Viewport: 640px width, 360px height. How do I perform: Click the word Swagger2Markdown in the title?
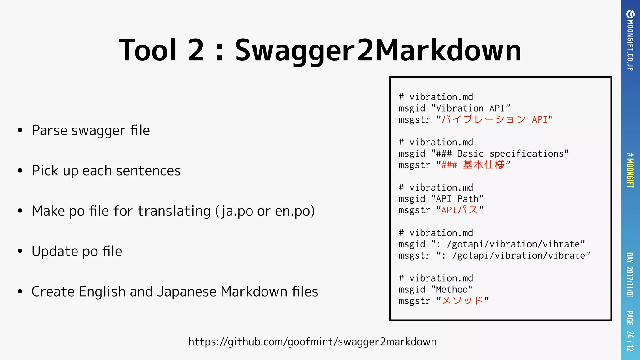(378, 50)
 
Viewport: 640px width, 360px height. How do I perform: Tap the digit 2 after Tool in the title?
(196, 50)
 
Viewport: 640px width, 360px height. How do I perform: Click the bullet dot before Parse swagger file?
(20, 131)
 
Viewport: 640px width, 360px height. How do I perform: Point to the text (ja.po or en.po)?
(265, 211)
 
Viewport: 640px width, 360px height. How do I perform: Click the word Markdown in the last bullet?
(254, 292)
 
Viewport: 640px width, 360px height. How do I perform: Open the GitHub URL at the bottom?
(312, 342)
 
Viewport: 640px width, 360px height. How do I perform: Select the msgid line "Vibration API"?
(454, 108)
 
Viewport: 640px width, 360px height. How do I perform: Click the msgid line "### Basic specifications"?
(484, 154)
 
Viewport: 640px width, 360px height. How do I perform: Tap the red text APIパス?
(459, 210)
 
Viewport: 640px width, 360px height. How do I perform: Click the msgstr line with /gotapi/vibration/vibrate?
(494, 256)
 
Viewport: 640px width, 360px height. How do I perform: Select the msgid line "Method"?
(436, 290)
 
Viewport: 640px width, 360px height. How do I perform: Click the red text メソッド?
(462, 301)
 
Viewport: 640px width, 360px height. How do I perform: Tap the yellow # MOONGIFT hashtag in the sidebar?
(630, 170)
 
